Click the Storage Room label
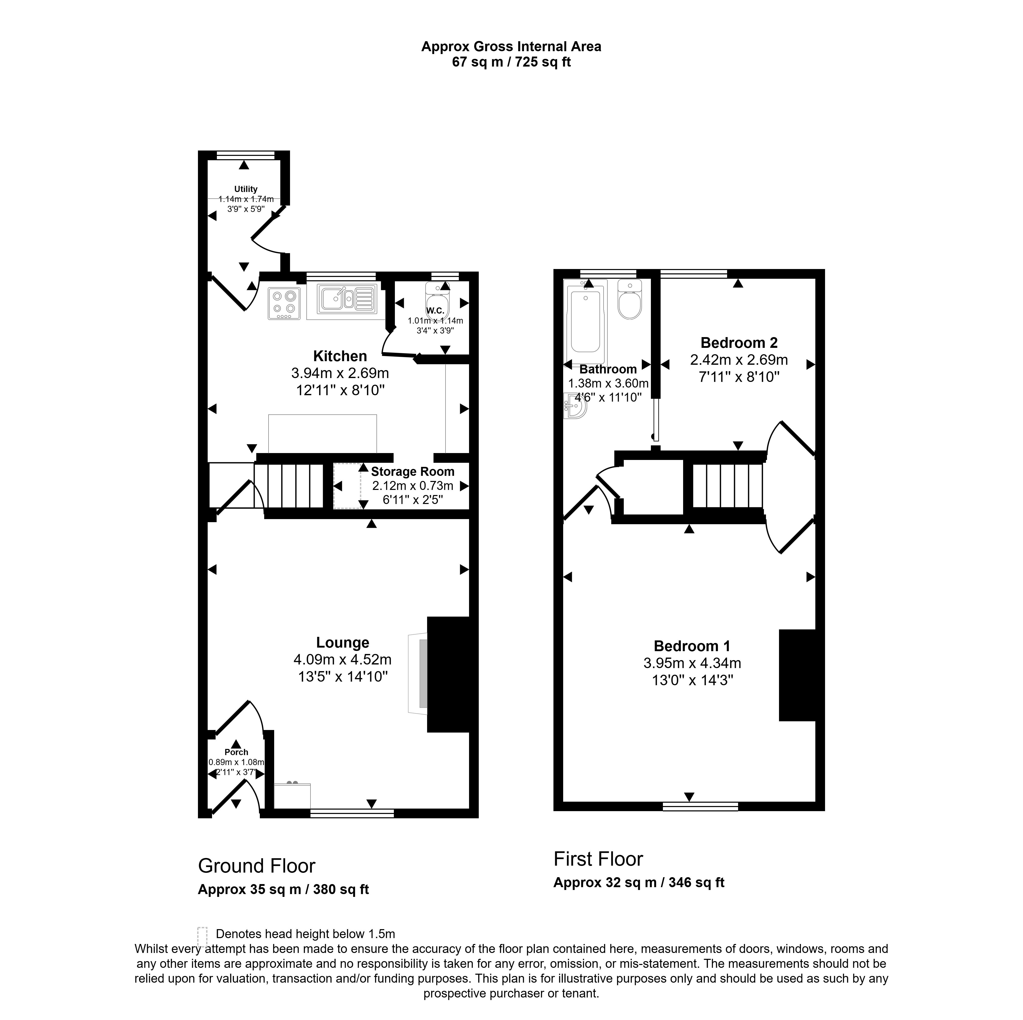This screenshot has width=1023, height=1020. [413, 471]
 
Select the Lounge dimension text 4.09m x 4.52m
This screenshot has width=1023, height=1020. [343, 660]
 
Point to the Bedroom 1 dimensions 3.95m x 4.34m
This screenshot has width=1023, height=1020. [692, 663]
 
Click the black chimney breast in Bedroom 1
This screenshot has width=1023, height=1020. [796, 675]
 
